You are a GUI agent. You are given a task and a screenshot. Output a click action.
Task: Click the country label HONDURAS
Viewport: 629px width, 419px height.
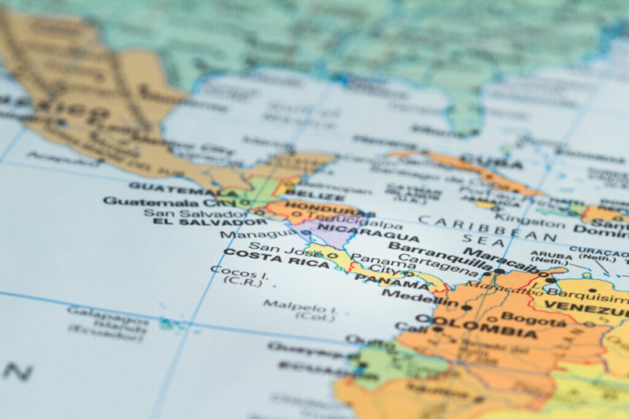321,206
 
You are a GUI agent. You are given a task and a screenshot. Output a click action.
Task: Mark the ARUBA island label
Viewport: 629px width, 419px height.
547,253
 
